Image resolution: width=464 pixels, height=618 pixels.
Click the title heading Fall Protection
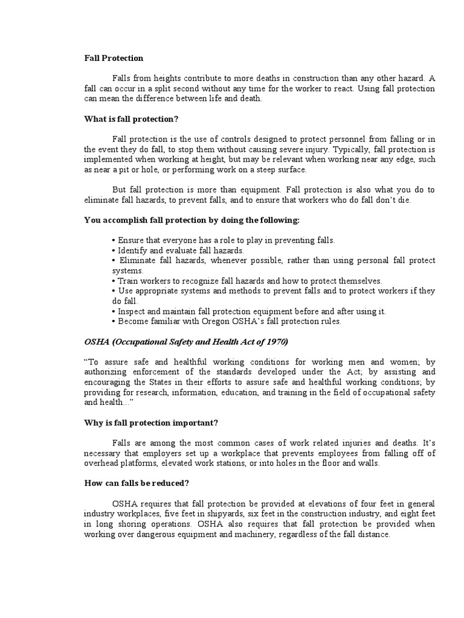coord(114,59)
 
